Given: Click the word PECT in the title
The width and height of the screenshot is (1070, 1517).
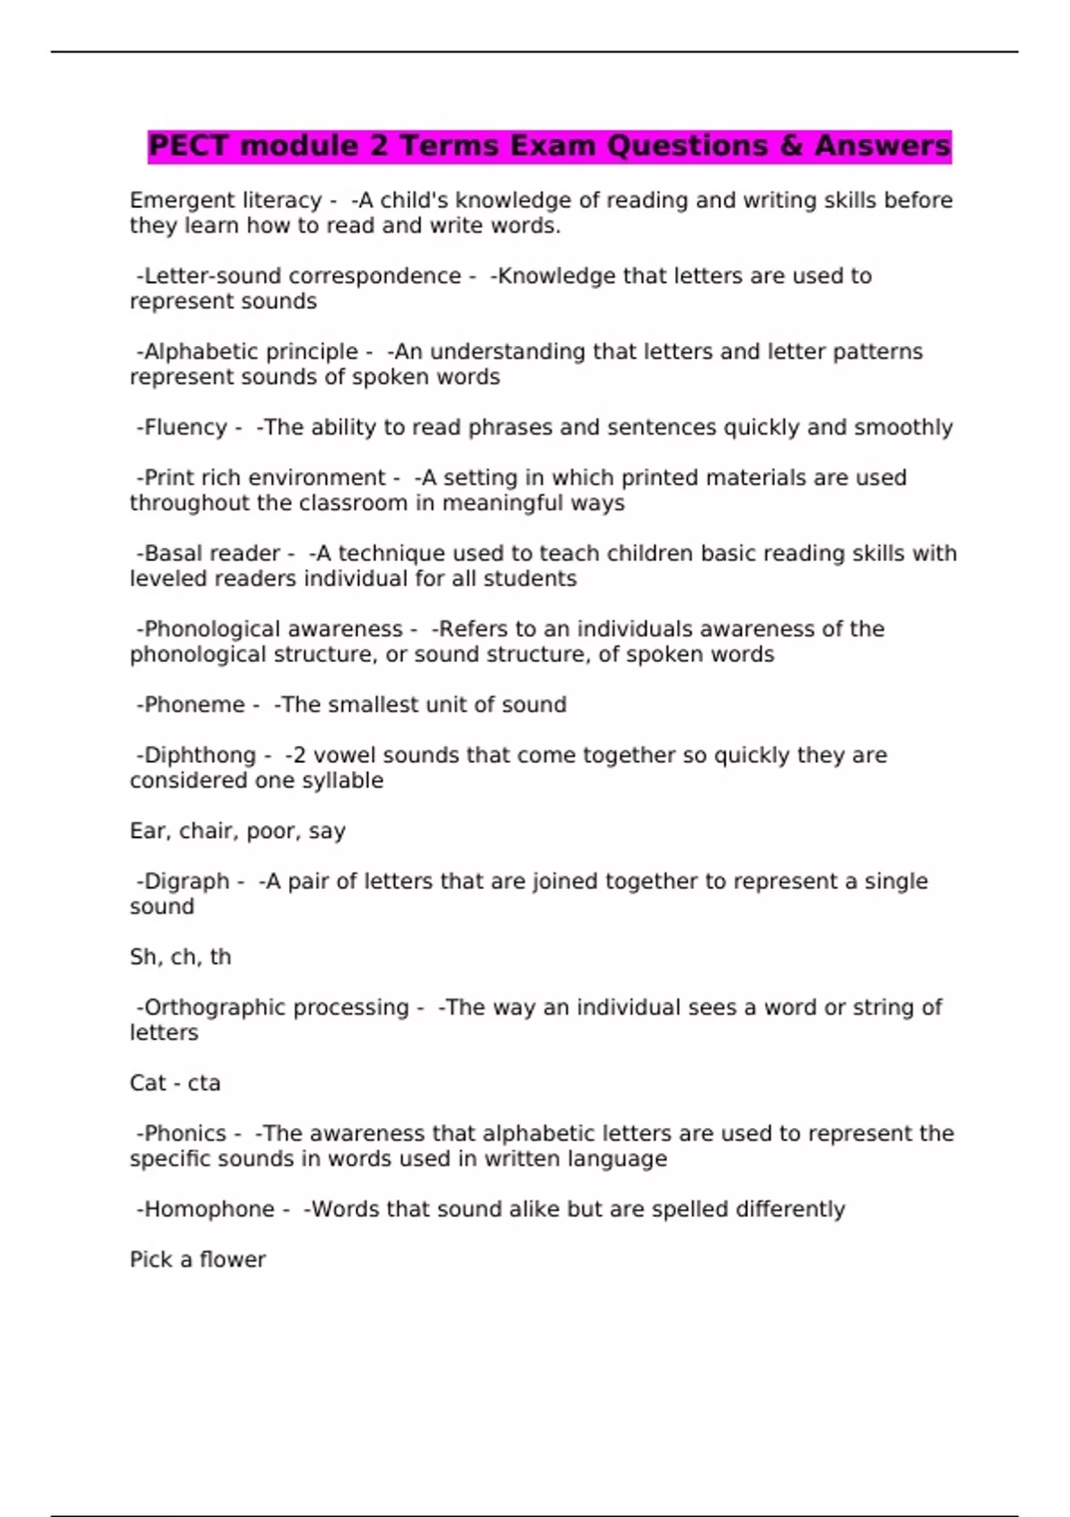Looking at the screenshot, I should (x=189, y=145).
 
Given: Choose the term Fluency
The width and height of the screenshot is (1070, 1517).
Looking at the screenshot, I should (x=185, y=427).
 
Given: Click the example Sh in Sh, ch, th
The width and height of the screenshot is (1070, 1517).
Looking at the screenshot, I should (x=143, y=957).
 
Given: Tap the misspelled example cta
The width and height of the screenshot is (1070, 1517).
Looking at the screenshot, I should (x=203, y=1083).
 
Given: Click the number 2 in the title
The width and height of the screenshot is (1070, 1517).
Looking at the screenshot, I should (x=378, y=145).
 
